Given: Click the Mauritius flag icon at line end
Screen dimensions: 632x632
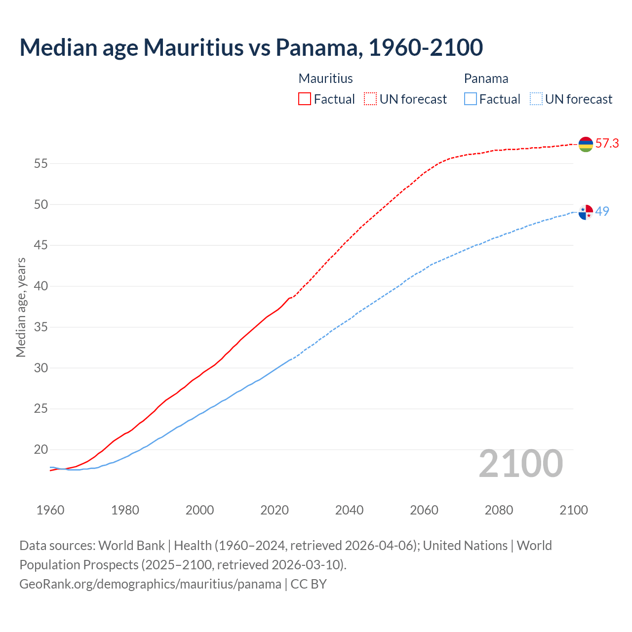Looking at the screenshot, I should pyautogui.click(x=586, y=144).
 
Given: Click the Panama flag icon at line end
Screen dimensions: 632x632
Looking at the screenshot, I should pyautogui.click(x=586, y=212).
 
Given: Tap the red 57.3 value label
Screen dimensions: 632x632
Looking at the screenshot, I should pyautogui.click(x=607, y=144).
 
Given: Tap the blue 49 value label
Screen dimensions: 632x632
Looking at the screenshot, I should pyautogui.click(x=602, y=211).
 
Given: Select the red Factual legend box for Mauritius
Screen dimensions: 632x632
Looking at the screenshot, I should pyautogui.click(x=305, y=99).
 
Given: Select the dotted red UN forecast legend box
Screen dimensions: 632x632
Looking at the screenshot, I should pyautogui.click(x=370, y=99).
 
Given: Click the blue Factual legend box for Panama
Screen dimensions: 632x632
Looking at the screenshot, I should pyautogui.click(x=471, y=99).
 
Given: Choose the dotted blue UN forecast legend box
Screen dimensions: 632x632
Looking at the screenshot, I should pyautogui.click(x=536, y=99).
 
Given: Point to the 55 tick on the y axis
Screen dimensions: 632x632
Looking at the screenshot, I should pyautogui.click(x=40, y=163).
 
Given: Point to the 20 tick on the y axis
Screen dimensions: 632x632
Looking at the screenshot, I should pyautogui.click(x=40, y=450).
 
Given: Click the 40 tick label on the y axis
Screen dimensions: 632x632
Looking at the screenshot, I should pyautogui.click(x=40, y=286).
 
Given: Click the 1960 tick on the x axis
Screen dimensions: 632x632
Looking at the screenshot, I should pyautogui.click(x=50, y=510).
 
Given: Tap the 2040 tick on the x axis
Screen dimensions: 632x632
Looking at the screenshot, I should pyautogui.click(x=349, y=510).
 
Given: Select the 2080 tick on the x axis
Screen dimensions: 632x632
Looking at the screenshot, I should pyautogui.click(x=499, y=510).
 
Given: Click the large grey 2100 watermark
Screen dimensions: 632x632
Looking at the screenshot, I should pyautogui.click(x=521, y=463).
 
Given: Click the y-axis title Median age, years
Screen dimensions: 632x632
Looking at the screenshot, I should pyautogui.click(x=21, y=307).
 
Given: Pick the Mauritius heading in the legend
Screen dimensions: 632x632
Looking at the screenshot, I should pyautogui.click(x=326, y=79).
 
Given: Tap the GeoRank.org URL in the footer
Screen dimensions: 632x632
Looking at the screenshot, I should pyautogui.click(x=150, y=584).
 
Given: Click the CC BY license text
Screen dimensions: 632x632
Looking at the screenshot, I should pyautogui.click(x=309, y=584).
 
